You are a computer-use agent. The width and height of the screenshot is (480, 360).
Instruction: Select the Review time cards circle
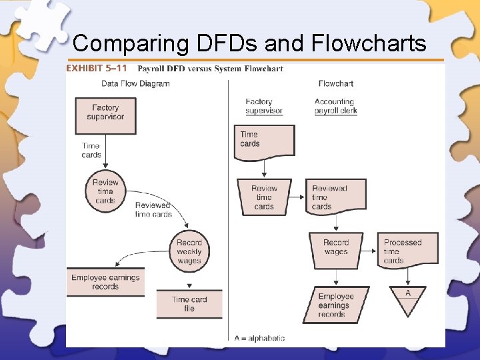pyautogui.click(x=105, y=191)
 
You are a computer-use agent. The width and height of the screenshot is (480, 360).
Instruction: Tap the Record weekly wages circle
pyautogui.click(x=189, y=251)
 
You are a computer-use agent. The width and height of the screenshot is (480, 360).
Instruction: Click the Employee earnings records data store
pyautogui.click(x=105, y=282)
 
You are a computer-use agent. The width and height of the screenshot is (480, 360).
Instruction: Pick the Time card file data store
pyautogui.click(x=189, y=304)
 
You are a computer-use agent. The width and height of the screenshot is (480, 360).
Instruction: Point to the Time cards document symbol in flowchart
pyautogui.click(x=264, y=141)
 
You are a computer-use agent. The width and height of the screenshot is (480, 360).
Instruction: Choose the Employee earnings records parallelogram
pyautogui.click(x=336, y=305)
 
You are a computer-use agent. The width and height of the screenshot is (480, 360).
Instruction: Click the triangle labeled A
pyautogui.click(x=407, y=297)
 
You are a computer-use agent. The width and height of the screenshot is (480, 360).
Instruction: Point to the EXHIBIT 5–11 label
pyautogui.click(x=96, y=69)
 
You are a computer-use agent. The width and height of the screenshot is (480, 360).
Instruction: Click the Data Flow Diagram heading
pyautogui.click(x=135, y=84)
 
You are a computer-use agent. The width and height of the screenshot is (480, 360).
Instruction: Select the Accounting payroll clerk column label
pyautogui.click(x=335, y=106)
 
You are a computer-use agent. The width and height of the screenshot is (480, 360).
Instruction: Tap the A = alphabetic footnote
pyautogui.click(x=259, y=338)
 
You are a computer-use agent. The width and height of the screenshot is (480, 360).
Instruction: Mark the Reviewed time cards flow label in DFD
pyautogui.click(x=153, y=209)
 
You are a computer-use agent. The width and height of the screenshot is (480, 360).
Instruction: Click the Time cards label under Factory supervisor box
pyautogui.click(x=91, y=150)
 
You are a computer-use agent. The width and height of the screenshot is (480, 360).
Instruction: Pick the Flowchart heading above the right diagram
pyautogui.click(x=335, y=84)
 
